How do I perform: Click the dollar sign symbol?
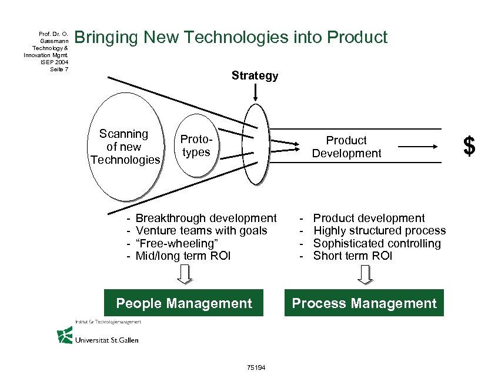469,146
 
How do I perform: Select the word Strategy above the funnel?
255,76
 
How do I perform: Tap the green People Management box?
184,303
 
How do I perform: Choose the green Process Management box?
364,303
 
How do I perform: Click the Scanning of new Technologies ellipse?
123,147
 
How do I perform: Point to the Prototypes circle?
196,147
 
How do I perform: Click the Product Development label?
346,147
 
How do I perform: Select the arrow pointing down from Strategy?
255,92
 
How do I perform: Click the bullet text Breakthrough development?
206,219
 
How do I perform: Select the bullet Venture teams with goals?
201,231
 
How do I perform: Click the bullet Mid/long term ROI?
183,256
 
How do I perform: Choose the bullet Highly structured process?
379,231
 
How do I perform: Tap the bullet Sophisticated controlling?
377,243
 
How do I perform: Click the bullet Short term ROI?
352,256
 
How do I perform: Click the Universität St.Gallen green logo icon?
65,335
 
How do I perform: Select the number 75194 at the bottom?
257,368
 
